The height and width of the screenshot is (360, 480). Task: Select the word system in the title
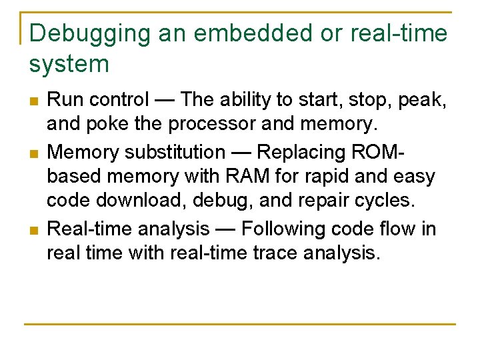pos(69,64)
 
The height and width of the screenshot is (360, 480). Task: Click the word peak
pos(421,101)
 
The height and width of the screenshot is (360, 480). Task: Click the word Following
pos(284,229)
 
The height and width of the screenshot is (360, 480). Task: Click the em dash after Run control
pos(165,100)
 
